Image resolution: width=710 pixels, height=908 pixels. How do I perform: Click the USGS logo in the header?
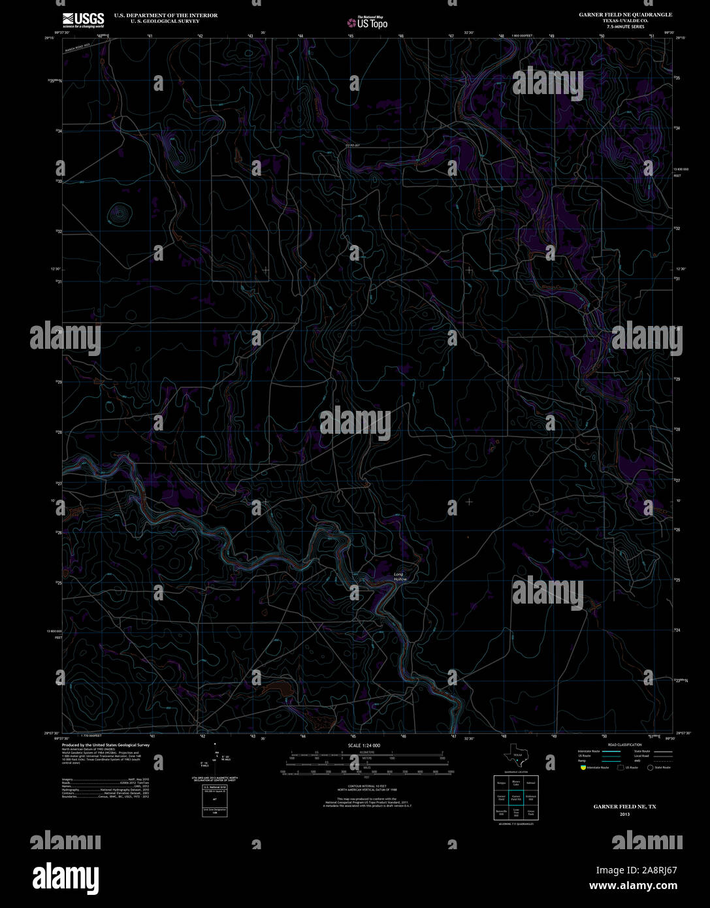pyautogui.click(x=83, y=19)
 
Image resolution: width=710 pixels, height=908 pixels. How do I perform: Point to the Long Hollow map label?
pyautogui.click(x=399, y=577)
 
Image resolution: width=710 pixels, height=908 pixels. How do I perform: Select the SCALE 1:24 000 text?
pyautogui.click(x=364, y=745)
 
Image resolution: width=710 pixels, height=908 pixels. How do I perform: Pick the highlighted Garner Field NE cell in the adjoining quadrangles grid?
pyautogui.click(x=516, y=798)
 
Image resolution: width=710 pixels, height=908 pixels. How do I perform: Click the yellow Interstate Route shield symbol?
pyautogui.click(x=582, y=768)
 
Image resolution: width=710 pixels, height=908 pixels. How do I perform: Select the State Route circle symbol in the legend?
pyautogui.click(x=650, y=768)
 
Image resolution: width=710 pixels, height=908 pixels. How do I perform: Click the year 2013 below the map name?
pyautogui.click(x=625, y=815)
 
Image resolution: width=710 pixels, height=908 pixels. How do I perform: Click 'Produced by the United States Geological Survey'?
pyautogui.click(x=106, y=745)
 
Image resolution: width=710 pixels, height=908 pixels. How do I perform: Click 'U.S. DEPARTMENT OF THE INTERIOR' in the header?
pyautogui.click(x=166, y=15)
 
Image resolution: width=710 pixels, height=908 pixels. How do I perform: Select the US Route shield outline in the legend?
pyautogui.click(x=621, y=768)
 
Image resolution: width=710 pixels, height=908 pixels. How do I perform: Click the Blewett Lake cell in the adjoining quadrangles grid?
pyautogui.click(x=516, y=782)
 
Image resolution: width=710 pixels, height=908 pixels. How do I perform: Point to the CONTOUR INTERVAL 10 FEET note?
pyautogui.click(x=364, y=786)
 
